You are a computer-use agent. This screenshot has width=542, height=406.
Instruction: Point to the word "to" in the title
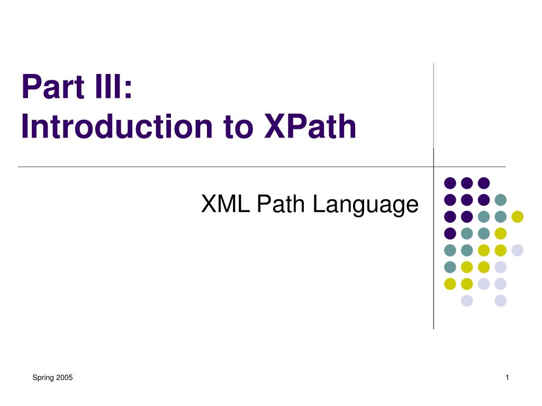pyautogui.click(x=238, y=128)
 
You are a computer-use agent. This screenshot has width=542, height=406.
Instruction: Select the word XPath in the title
pyautogui.click(x=310, y=126)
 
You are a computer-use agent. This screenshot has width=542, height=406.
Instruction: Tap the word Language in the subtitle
pyautogui.click(x=365, y=206)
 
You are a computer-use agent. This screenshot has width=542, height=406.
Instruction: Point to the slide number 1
pyautogui.click(x=507, y=377)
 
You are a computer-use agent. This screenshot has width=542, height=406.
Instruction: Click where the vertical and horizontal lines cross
pyautogui.click(x=433, y=167)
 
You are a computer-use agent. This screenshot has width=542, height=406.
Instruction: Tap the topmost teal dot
pyautogui.click(x=501, y=199)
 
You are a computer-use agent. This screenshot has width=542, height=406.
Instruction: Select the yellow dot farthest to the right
pyautogui.click(x=518, y=216)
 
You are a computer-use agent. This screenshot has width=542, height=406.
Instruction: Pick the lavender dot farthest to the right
pyautogui.click(x=518, y=250)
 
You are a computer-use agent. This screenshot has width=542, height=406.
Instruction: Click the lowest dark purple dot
pyautogui.click(x=450, y=233)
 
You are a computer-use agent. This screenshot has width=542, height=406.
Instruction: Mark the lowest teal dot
pyautogui.click(x=450, y=267)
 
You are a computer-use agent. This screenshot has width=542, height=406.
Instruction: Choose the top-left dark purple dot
pyautogui.click(x=450, y=183)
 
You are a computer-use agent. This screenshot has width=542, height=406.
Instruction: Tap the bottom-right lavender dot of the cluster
pyautogui.click(x=501, y=301)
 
